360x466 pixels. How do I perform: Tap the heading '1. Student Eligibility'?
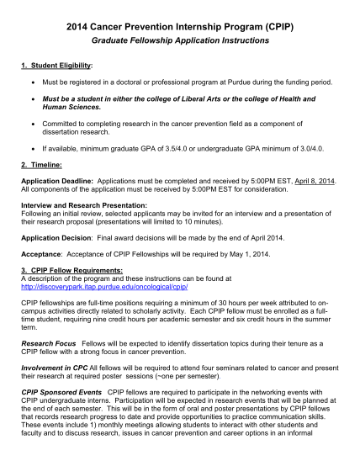57,65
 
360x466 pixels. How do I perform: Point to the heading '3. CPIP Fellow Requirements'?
71,268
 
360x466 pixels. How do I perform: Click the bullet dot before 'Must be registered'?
31,83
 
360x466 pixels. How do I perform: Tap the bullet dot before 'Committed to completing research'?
31,124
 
